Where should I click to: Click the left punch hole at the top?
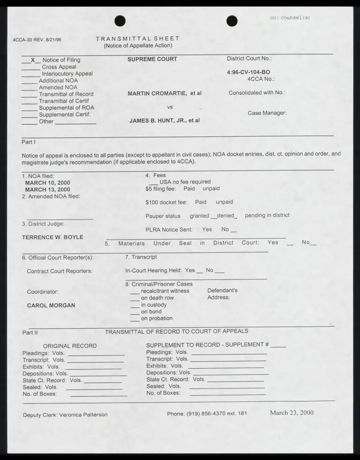click(x=120, y=21)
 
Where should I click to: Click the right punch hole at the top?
click(x=232, y=21)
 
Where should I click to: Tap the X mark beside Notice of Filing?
click(x=33, y=60)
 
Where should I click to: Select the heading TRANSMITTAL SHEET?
click(x=137, y=39)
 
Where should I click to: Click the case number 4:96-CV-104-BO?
click(x=248, y=72)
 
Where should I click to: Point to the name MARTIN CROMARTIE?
click(x=157, y=93)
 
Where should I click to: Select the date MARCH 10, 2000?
click(x=47, y=183)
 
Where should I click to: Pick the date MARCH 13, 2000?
click(x=47, y=189)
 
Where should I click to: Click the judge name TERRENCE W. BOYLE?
click(x=52, y=237)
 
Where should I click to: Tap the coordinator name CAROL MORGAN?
click(x=51, y=305)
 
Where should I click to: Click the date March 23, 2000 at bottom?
click(x=292, y=413)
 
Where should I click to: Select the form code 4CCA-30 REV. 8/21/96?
click(x=37, y=39)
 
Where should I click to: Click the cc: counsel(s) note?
click(x=290, y=18)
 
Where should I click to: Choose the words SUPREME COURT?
click(x=152, y=59)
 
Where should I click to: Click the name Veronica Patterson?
click(x=83, y=415)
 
